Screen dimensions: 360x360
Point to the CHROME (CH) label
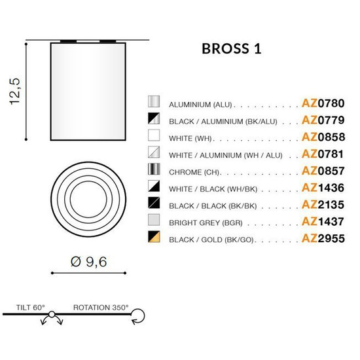click(x=195, y=172)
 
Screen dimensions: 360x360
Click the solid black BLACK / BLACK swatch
click(x=154, y=204)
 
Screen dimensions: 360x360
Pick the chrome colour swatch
click(x=154, y=171)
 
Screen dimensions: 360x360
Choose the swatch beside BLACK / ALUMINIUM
click(x=154, y=120)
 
